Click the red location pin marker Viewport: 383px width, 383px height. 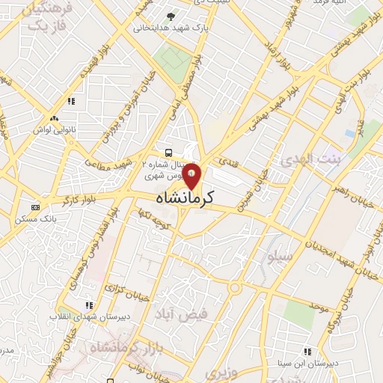tap(192, 176)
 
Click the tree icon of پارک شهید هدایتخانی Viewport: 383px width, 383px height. tap(172, 16)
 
